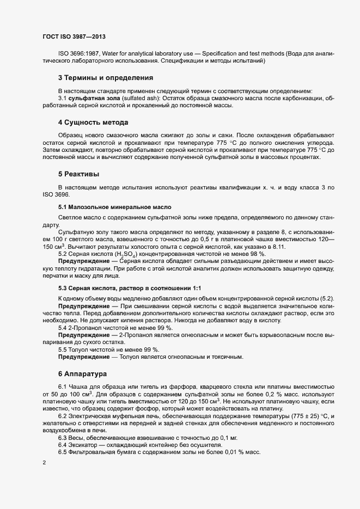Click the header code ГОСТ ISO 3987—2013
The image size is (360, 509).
74,36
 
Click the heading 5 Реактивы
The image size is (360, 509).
78,174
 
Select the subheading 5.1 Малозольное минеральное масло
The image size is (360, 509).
114,207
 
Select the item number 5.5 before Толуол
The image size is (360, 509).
63,349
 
